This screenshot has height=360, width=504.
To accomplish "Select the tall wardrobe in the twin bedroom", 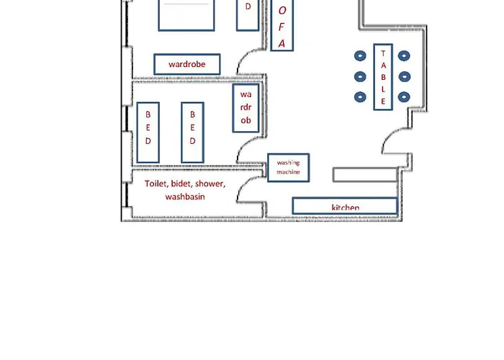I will pyautogui.click(x=246, y=108).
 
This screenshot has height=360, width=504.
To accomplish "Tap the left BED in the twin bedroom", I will pyautogui.click(x=148, y=132).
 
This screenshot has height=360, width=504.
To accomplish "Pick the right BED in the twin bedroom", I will pyautogui.click(x=192, y=132).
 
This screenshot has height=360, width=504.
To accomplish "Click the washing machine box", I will pyautogui.click(x=288, y=168).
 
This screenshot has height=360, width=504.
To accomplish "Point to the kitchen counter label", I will pyautogui.click(x=345, y=207).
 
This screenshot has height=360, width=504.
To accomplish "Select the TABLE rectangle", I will pyautogui.click(x=383, y=76).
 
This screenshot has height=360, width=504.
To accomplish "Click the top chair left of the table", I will pyautogui.click(x=359, y=55).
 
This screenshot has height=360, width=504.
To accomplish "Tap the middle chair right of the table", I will pyautogui.click(x=405, y=76).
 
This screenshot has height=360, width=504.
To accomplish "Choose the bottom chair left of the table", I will pyautogui.click(x=359, y=96).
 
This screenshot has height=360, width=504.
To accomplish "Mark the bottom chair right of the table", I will pyautogui.click(x=405, y=96).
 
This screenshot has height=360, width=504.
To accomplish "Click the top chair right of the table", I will pyautogui.click(x=405, y=55).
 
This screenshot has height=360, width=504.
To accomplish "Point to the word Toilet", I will pyautogui.click(x=158, y=184).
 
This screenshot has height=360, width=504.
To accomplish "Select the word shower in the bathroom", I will pyautogui.click(x=210, y=184).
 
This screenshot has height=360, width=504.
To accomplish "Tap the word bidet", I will pyautogui.click(x=184, y=184).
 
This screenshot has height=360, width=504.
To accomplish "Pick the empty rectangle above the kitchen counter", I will pyautogui.click(x=365, y=174).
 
